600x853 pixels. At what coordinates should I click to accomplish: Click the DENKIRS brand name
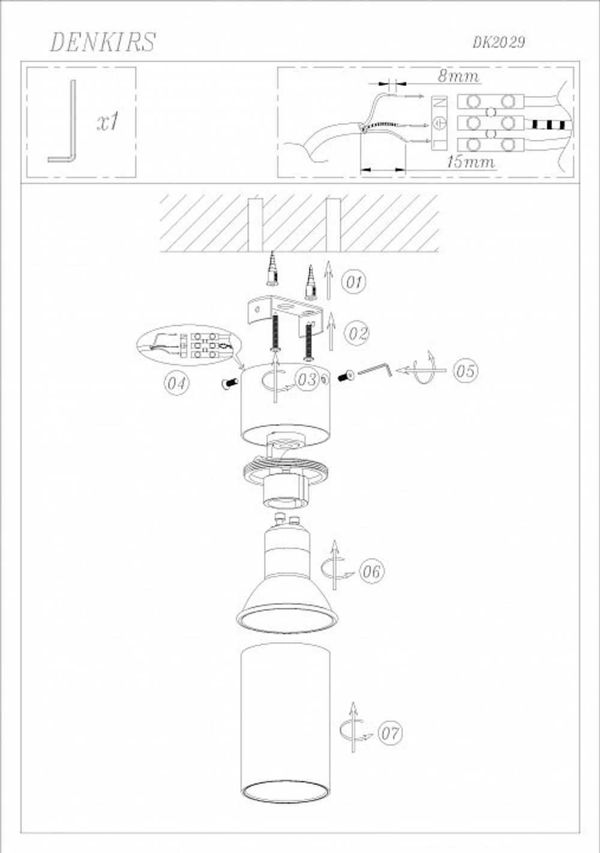(103, 42)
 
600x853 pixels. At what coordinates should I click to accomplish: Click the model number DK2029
(499, 43)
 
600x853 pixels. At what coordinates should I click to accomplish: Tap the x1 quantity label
(109, 122)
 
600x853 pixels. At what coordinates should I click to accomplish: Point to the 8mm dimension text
(458, 76)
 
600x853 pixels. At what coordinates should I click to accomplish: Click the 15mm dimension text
(470, 162)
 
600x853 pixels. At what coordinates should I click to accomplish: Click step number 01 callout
(355, 282)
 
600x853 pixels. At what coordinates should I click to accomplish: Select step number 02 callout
(357, 333)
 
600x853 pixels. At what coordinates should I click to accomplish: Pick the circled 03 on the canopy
(307, 379)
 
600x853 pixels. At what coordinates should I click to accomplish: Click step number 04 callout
(176, 383)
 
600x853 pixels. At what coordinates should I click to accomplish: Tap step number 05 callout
(464, 371)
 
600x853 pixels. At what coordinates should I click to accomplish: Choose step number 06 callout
(371, 571)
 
